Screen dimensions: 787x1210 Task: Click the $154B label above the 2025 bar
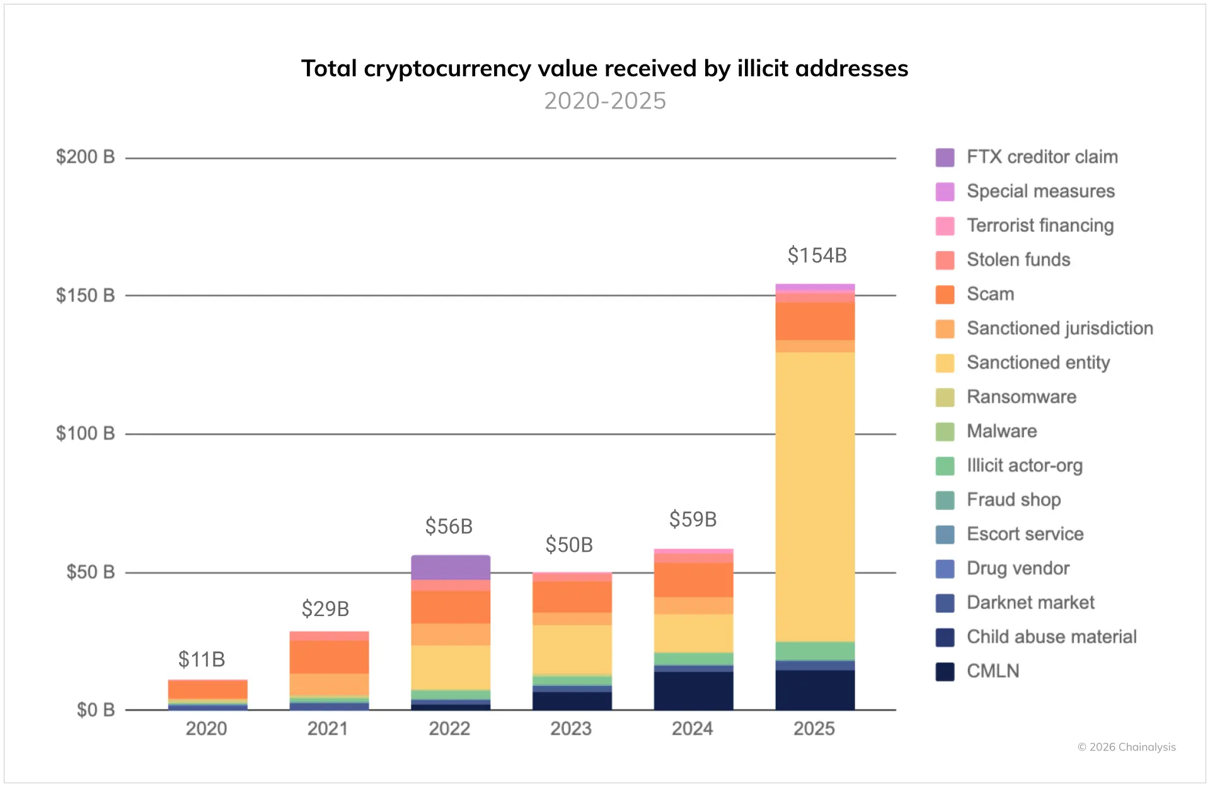(817, 255)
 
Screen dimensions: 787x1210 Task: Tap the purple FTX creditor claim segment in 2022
(450, 567)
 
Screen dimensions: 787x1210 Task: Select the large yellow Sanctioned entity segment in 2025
(815, 497)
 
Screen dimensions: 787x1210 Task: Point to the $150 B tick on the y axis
(85, 295)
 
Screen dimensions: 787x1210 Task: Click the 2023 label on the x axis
(570, 728)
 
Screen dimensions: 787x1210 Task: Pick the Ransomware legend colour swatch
(945, 397)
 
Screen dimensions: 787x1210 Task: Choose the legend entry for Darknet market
(1030, 603)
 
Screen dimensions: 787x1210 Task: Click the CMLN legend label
(993, 671)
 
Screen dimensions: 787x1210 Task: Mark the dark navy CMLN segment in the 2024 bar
(693, 691)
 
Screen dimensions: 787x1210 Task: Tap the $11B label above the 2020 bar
(201, 659)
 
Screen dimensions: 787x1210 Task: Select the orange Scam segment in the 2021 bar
(329, 656)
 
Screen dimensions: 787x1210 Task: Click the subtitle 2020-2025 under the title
(604, 101)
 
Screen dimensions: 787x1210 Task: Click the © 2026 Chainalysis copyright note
(1126, 747)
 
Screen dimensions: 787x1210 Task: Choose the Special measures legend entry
(1040, 191)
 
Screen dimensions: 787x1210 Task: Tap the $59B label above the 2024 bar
(693, 519)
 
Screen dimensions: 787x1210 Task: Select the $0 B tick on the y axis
(95, 710)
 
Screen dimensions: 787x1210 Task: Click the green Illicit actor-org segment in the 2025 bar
(815, 651)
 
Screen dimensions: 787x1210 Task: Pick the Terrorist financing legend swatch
(945, 226)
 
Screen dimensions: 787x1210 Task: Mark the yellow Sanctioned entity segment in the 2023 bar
(572, 650)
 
